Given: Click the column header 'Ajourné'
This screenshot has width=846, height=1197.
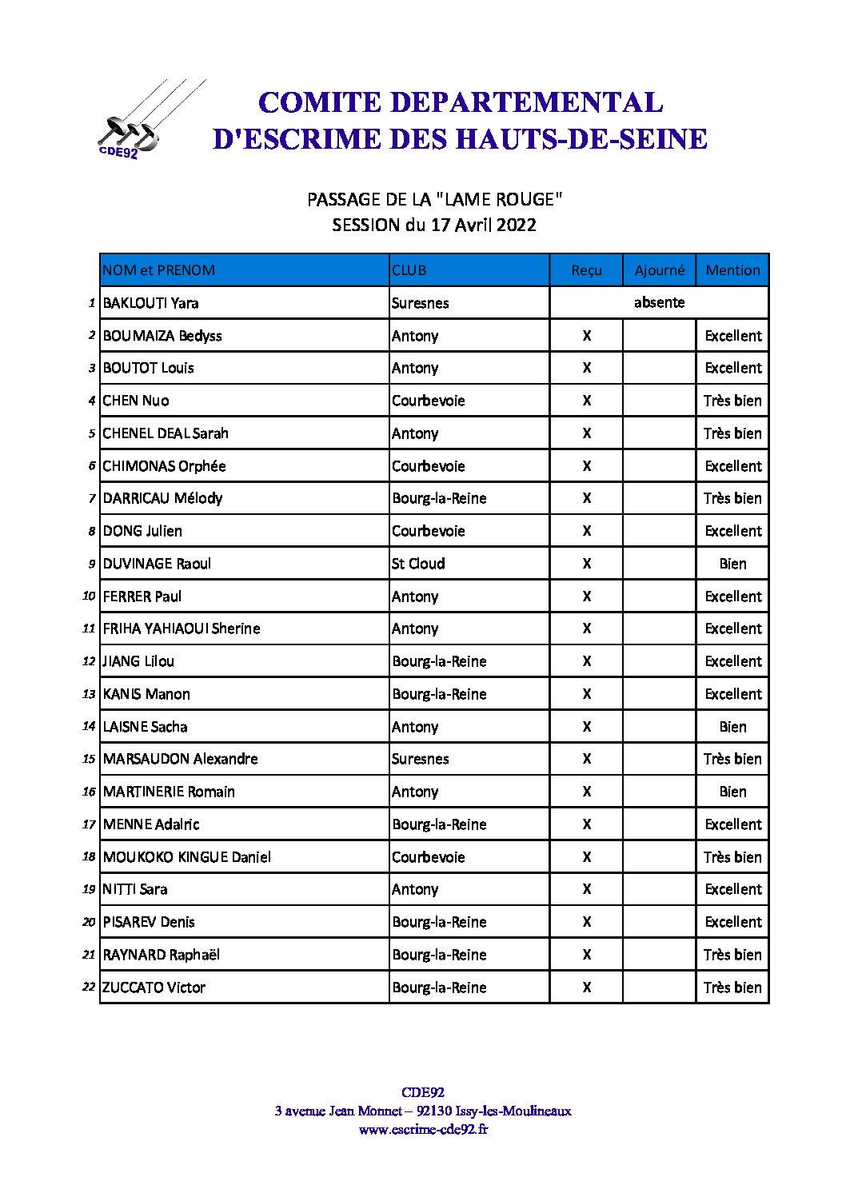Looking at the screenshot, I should click(659, 270).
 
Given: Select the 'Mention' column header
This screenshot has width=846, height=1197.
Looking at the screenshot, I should click(732, 270).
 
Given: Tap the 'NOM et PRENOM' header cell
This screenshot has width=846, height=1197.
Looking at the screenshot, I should click(159, 270).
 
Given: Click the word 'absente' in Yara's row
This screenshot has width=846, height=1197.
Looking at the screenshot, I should click(659, 302).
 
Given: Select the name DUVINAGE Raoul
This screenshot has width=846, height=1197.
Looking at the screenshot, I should click(157, 564).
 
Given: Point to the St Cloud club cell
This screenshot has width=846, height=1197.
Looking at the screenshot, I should click(418, 564).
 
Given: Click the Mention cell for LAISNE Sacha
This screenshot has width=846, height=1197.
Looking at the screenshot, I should click(732, 727).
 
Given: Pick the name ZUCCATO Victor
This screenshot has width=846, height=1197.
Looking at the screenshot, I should click(154, 988).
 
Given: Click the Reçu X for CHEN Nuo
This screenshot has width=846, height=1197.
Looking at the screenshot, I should click(586, 401).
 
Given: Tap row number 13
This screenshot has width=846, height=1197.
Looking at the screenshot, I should click(89, 694).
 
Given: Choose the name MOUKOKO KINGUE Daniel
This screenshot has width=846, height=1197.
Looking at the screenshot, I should click(186, 857).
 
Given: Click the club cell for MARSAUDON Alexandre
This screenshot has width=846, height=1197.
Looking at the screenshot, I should click(421, 759).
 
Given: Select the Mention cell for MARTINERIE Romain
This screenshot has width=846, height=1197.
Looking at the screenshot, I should click(732, 792).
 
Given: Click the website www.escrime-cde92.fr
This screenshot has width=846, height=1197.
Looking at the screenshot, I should click(423, 1130).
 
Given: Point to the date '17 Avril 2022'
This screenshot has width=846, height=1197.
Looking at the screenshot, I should click(483, 225).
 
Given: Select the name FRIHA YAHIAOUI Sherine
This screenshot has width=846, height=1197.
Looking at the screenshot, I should click(182, 628).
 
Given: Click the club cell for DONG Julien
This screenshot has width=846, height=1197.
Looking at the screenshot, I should click(429, 531).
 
